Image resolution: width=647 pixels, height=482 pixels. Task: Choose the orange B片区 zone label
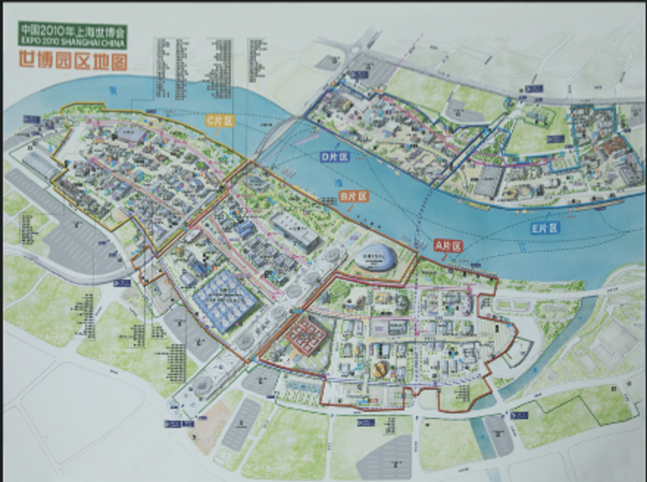[356, 196]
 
